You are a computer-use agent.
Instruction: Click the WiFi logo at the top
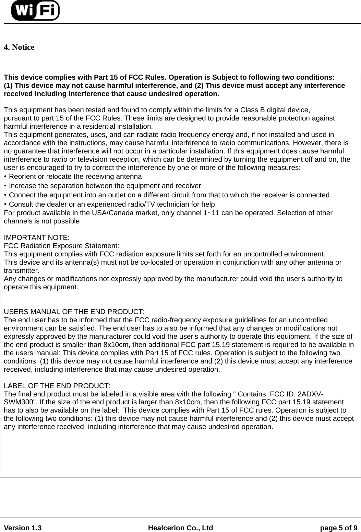point(35,10)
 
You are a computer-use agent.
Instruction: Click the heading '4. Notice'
point(19,47)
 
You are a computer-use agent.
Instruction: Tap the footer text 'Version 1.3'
point(23,528)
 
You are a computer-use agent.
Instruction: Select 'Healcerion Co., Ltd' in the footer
point(180,528)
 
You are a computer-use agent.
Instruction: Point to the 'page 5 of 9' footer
point(338,528)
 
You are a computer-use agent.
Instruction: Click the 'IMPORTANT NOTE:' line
point(37,238)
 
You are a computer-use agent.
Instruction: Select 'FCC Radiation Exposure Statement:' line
point(62,246)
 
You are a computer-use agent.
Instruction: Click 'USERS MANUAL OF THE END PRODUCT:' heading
point(74,312)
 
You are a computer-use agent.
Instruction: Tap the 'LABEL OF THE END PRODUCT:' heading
point(57,385)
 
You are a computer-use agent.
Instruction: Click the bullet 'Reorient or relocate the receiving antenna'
point(75,177)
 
